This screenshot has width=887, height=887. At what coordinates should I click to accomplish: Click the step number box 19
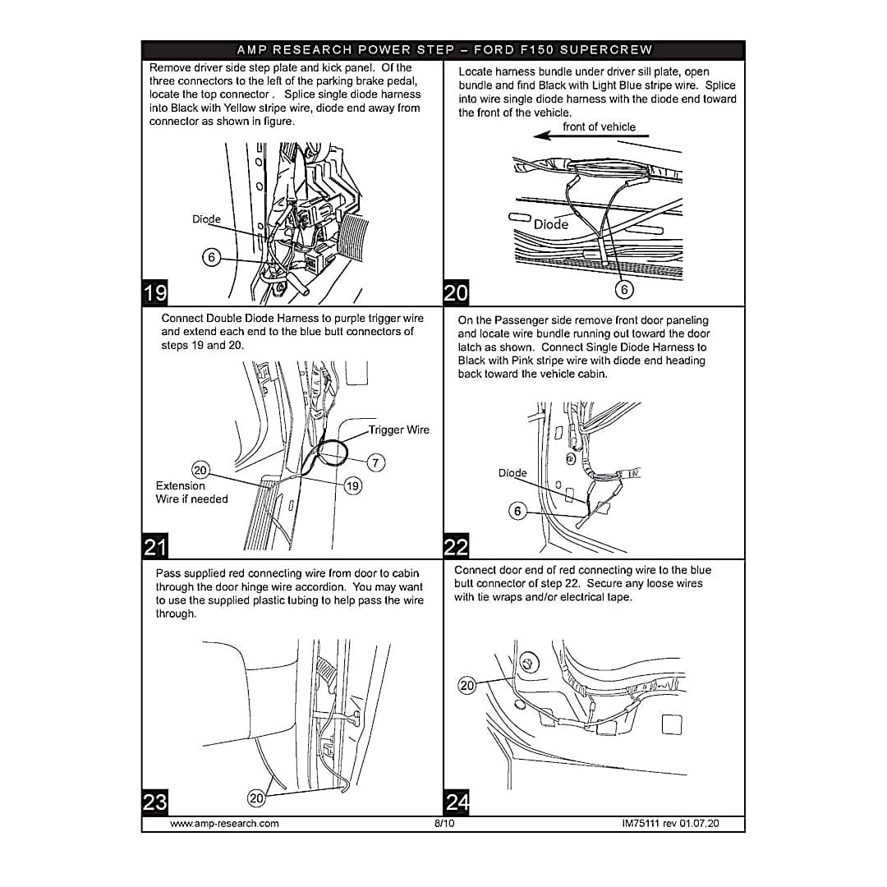click(154, 292)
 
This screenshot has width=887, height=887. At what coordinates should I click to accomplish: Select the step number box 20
click(456, 293)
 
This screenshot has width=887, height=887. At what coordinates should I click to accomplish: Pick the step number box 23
click(154, 802)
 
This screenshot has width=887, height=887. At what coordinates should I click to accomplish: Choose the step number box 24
click(457, 802)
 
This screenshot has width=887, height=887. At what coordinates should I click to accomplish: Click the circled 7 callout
click(375, 463)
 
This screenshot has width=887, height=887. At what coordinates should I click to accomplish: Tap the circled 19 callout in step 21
click(352, 486)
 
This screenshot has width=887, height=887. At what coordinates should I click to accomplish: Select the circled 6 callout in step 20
click(624, 289)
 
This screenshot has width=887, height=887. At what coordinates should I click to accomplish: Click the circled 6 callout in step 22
click(517, 512)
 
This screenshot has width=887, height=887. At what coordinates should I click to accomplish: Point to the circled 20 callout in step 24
click(466, 686)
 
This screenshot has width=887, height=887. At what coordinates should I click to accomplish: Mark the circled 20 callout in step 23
click(257, 797)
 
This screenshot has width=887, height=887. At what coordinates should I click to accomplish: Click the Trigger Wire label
click(398, 430)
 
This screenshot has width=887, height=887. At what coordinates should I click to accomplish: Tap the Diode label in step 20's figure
click(551, 224)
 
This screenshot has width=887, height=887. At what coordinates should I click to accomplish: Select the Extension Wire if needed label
click(192, 492)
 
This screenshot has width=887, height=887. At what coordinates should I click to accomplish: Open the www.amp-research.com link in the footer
click(224, 823)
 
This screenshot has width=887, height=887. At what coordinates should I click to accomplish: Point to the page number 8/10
click(443, 823)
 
